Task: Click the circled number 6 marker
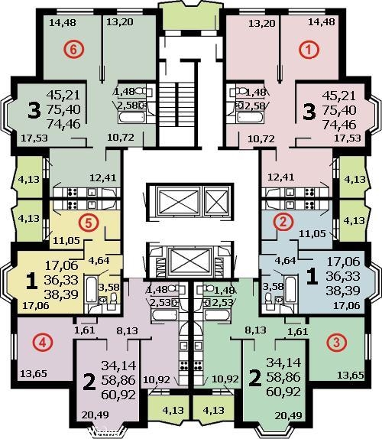(73, 50)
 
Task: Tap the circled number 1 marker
(309, 50)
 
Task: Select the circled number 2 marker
(283, 222)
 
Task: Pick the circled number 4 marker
(42, 342)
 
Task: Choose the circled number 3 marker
(336, 342)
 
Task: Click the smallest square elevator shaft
(217, 200)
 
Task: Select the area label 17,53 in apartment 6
(34, 138)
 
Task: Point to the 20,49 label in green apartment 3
(288, 416)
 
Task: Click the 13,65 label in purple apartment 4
(34, 373)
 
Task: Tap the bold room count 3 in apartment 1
(309, 111)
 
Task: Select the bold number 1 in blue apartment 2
(312, 276)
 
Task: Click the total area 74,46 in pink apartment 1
(339, 125)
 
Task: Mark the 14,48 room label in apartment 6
(63, 22)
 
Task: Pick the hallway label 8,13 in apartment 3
(256, 330)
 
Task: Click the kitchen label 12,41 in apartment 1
(280, 177)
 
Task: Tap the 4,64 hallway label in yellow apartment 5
(99, 260)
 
